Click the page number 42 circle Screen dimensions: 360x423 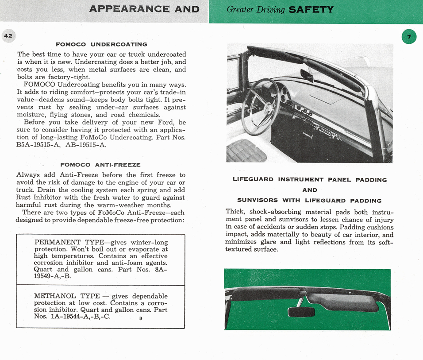tap(8, 36)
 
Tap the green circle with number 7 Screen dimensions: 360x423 tap(409, 37)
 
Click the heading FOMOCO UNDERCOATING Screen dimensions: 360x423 tap(101, 44)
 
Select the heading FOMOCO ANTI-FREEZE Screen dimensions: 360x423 tap(100, 165)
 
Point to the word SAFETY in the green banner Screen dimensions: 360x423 tap(311, 9)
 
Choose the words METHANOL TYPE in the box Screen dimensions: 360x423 tap(66, 296)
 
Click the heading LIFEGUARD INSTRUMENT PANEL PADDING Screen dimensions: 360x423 tap(310, 180)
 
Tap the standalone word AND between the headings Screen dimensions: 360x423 tap(310, 190)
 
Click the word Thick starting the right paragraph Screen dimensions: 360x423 tap(235, 212)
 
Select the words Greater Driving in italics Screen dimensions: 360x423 tap(256, 9)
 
